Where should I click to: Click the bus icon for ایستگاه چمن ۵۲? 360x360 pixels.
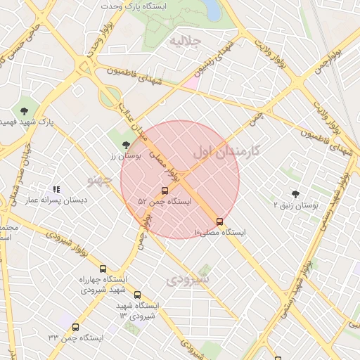(165, 191)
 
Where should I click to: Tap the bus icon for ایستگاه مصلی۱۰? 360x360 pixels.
(220, 221)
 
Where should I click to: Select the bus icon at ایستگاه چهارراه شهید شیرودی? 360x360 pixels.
(103, 269)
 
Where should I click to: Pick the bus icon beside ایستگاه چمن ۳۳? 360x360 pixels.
(75, 327)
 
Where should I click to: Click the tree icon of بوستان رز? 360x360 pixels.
(126, 145)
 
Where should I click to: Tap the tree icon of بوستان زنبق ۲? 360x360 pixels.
(295, 193)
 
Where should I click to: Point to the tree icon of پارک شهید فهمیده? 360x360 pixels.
(25, 110)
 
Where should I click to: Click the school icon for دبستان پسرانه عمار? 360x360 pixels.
(56, 189)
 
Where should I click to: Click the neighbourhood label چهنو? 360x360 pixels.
(99, 180)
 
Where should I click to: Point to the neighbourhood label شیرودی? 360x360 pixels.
(188, 279)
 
